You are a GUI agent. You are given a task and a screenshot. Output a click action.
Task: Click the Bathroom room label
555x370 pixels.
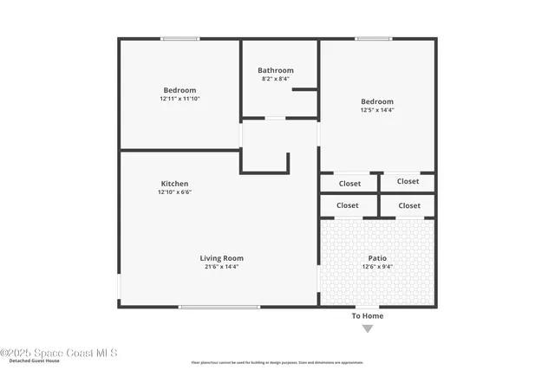[x=276, y=70]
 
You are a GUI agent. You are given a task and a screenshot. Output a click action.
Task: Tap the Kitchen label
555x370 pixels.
[x=174, y=184]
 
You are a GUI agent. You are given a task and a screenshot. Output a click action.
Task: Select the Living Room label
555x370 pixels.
[x=221, y=258]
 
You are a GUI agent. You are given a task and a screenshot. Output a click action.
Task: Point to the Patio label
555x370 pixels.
[x=377, y=258]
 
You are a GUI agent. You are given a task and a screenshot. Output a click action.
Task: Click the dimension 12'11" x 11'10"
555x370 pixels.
[x=180, y=99]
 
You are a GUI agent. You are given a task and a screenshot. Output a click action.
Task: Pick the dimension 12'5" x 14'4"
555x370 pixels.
[x=377, y=110]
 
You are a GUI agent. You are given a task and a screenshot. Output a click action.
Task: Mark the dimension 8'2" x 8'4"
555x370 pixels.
[x=276, y=79]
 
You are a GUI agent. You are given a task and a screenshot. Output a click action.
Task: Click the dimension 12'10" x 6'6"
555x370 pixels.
[x=174, y=192]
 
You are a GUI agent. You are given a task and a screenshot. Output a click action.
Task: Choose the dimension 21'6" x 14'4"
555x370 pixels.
[x=221, y=267]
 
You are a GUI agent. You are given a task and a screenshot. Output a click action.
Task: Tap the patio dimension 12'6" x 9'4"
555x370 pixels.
[x=377, y=267]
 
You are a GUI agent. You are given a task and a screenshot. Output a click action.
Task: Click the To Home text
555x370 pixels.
[x=367, y=316]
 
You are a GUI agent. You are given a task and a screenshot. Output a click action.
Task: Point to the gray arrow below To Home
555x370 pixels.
[x=367, y=328]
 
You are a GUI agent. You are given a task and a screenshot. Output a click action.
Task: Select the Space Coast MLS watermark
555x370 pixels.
[x=59, y=353]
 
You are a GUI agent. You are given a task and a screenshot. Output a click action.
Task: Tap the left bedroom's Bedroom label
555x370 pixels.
[x=180, y=90]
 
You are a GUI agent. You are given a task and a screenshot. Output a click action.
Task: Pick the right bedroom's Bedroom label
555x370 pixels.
[x=377, y=101]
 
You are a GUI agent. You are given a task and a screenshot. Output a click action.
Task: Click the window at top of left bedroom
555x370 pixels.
[x=180, y=38]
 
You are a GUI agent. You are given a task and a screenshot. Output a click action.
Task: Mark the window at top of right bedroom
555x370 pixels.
[x=373, y=38]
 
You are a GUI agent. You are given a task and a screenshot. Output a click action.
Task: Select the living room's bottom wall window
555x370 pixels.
[x=219, y=307]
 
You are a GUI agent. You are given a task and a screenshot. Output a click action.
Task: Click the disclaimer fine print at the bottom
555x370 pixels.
[x=277, y=362]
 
